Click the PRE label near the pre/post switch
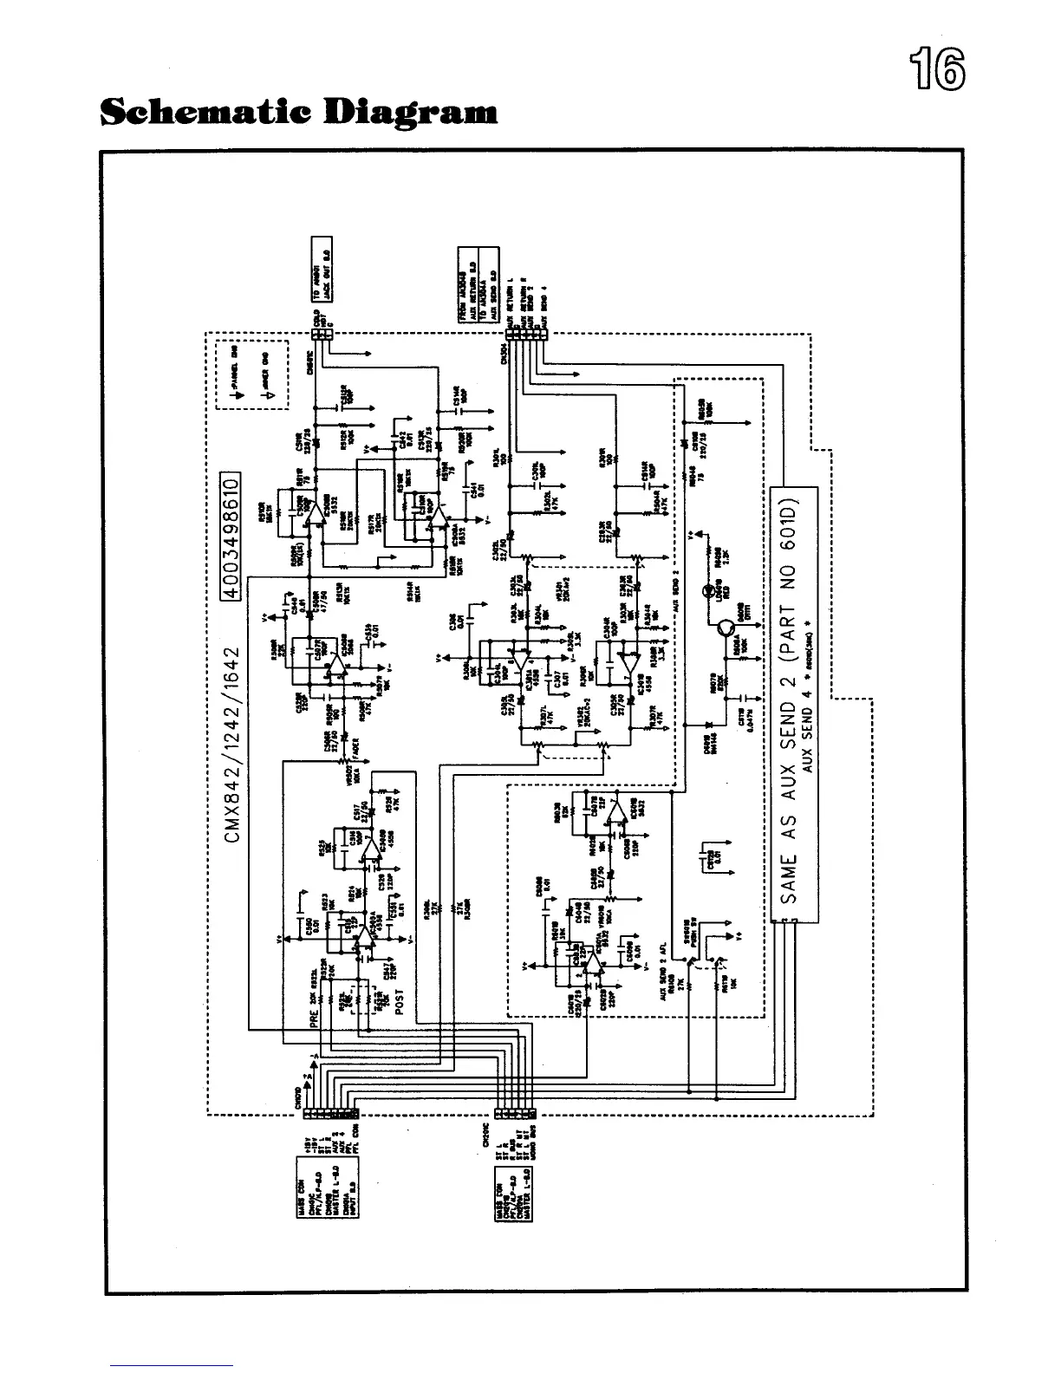pos(315,1015)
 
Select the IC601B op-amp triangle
pos(616,810)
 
